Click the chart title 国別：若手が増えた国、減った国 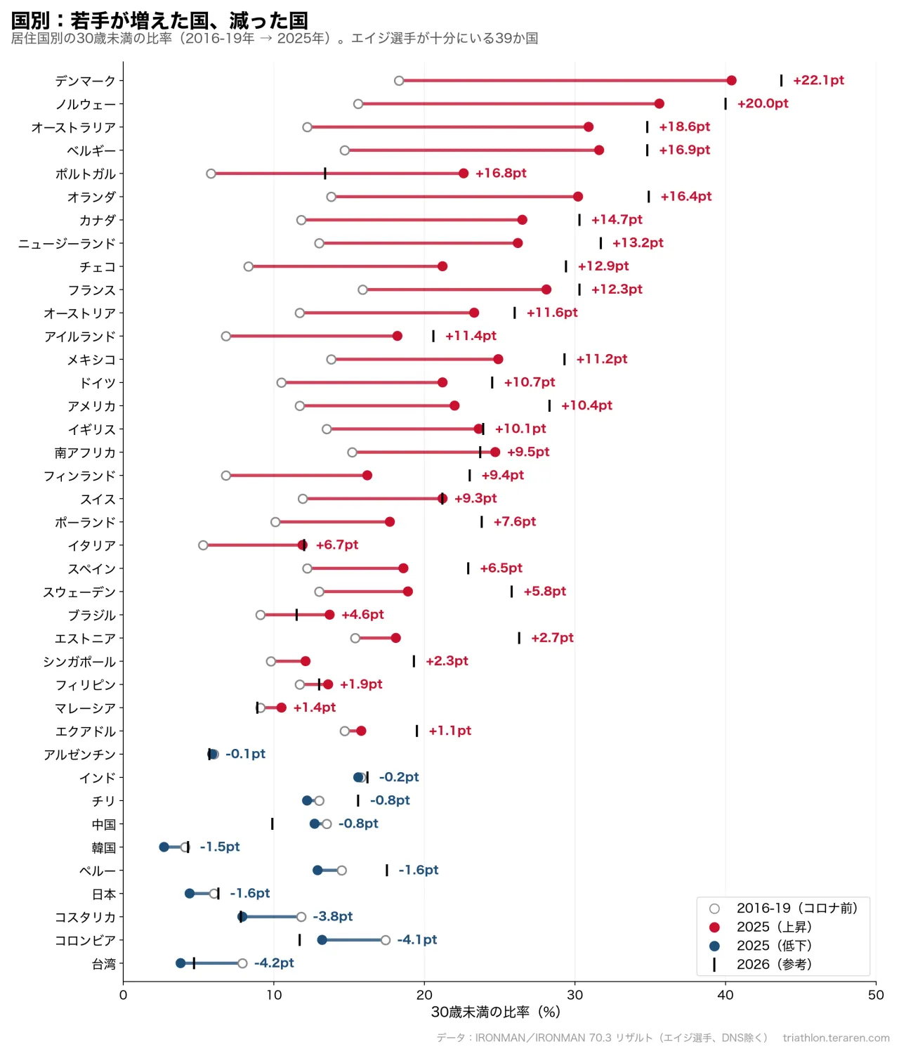[x=159, y=21]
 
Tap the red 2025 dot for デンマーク [x=730, y=80]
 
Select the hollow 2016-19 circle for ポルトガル [x=211, y=174]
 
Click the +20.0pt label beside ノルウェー [x=762, y=103]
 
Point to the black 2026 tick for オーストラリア [x=647, y=127]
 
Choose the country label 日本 [x=103, y=894]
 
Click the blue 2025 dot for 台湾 [x=180, y=963]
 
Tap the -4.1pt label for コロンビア [x=416, y=939]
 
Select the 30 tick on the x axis [x=575, y=994]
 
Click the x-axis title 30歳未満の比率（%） [x=496, y=1012]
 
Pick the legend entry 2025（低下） [x=774, y=946]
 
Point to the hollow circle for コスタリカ [x=301, y=916]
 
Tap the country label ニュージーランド [x=67, y=244]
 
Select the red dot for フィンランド [x=367, y=475]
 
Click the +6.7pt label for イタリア [x=337, y=545]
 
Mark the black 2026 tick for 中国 [x=272, y=823]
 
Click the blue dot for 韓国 [x=164, y=847]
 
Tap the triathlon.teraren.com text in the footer [x=836, y=1038]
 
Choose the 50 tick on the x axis [x=876, y=994]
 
